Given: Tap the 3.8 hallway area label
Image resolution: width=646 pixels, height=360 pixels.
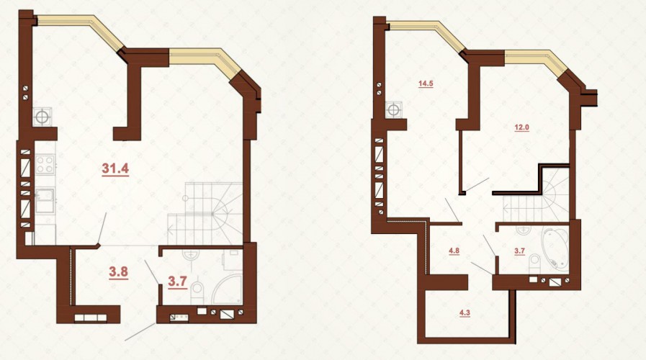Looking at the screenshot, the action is pyautogui.click(x=118, y=272).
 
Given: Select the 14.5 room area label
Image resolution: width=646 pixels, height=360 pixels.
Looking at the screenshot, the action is pyautogui.click(x=426, y=84).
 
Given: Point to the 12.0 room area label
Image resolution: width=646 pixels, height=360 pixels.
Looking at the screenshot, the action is pyautogui.click(x=521, y=127).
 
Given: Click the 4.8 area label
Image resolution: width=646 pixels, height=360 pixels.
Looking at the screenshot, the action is pyautogui.click(x=454, y=251).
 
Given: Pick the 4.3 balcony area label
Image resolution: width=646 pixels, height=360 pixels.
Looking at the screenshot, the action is pyautogui.click(x=465, y=312).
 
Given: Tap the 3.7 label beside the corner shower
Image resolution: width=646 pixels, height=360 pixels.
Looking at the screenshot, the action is pyautogui.click(x=178, y=282).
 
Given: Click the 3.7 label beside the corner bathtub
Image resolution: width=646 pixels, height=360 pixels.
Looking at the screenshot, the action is pyautogui.click(x=519, y=251).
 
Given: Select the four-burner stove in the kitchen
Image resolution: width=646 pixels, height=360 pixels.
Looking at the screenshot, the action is pyautogui.click(x=45, y=164).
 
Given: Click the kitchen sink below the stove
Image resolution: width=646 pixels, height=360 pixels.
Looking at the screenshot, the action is pyautogui.click(x=45, y=200).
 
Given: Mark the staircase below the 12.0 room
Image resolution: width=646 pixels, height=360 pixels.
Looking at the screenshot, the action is pyautogui.click(x=536, y=198).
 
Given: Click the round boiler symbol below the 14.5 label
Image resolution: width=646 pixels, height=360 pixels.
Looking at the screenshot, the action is pyautogui.click(x=394, y=110).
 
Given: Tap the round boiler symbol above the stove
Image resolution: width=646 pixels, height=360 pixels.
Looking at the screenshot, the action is pyautogui.click(x=42, y=117).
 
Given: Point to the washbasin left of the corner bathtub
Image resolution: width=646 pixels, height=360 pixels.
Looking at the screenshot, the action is pyautogui.click(x=524, y=229).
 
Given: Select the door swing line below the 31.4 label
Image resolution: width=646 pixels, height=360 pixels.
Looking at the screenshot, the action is pyautogui.click(x=102, y=228).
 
